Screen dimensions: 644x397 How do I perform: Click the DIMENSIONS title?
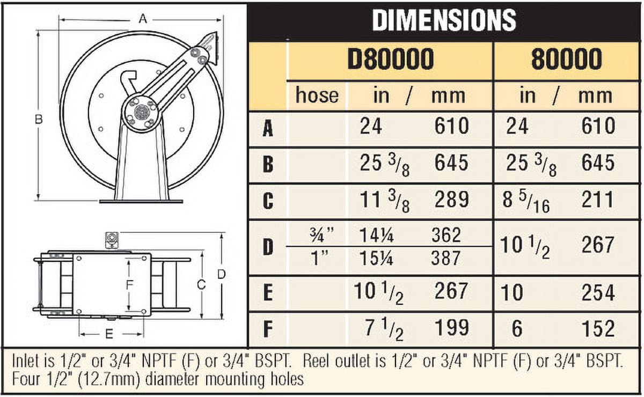tap(444, 20)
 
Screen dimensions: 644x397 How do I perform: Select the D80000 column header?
tap(391, 59)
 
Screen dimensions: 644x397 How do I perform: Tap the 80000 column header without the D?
tap(566, 59)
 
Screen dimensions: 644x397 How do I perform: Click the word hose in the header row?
tap(317, 95)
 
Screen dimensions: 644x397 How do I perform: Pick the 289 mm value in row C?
tap(452, 200)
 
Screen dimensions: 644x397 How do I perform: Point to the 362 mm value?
tap(446, 235)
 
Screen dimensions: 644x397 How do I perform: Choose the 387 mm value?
tap(445, 258)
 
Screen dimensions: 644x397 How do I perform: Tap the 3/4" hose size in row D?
tap(322, 235)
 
